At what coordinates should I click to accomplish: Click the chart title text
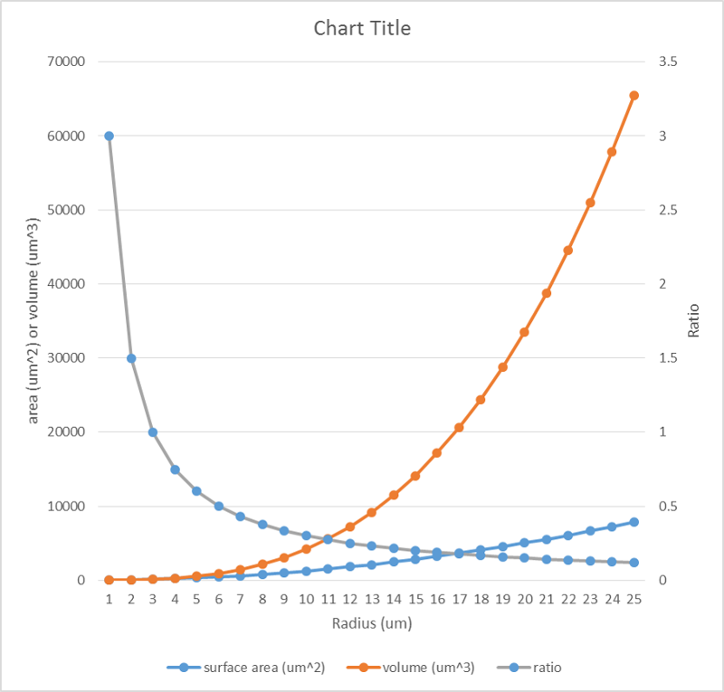click(x=362, y=28)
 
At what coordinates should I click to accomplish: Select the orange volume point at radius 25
click(x=633, y=95)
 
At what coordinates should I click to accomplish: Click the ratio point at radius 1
click(x=109, y=136)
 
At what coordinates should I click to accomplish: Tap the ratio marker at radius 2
click(x=131, y=358)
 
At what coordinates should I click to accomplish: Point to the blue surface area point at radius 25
click(x=633, y=522)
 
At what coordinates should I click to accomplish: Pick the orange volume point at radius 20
click(x=524, y=332)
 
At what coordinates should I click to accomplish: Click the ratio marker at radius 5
click(x=196, y=491)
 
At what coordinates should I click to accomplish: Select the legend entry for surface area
click(x=243, y=668)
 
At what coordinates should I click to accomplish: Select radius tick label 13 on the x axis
click(x=371, y=600)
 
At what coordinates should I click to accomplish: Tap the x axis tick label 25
click(x=633, y=600)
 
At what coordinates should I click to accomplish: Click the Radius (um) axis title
click(x=371, y=623)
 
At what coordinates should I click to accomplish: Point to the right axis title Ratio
click(x=694, y=320)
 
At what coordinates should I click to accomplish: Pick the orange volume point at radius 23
click(x=590, y=203)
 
